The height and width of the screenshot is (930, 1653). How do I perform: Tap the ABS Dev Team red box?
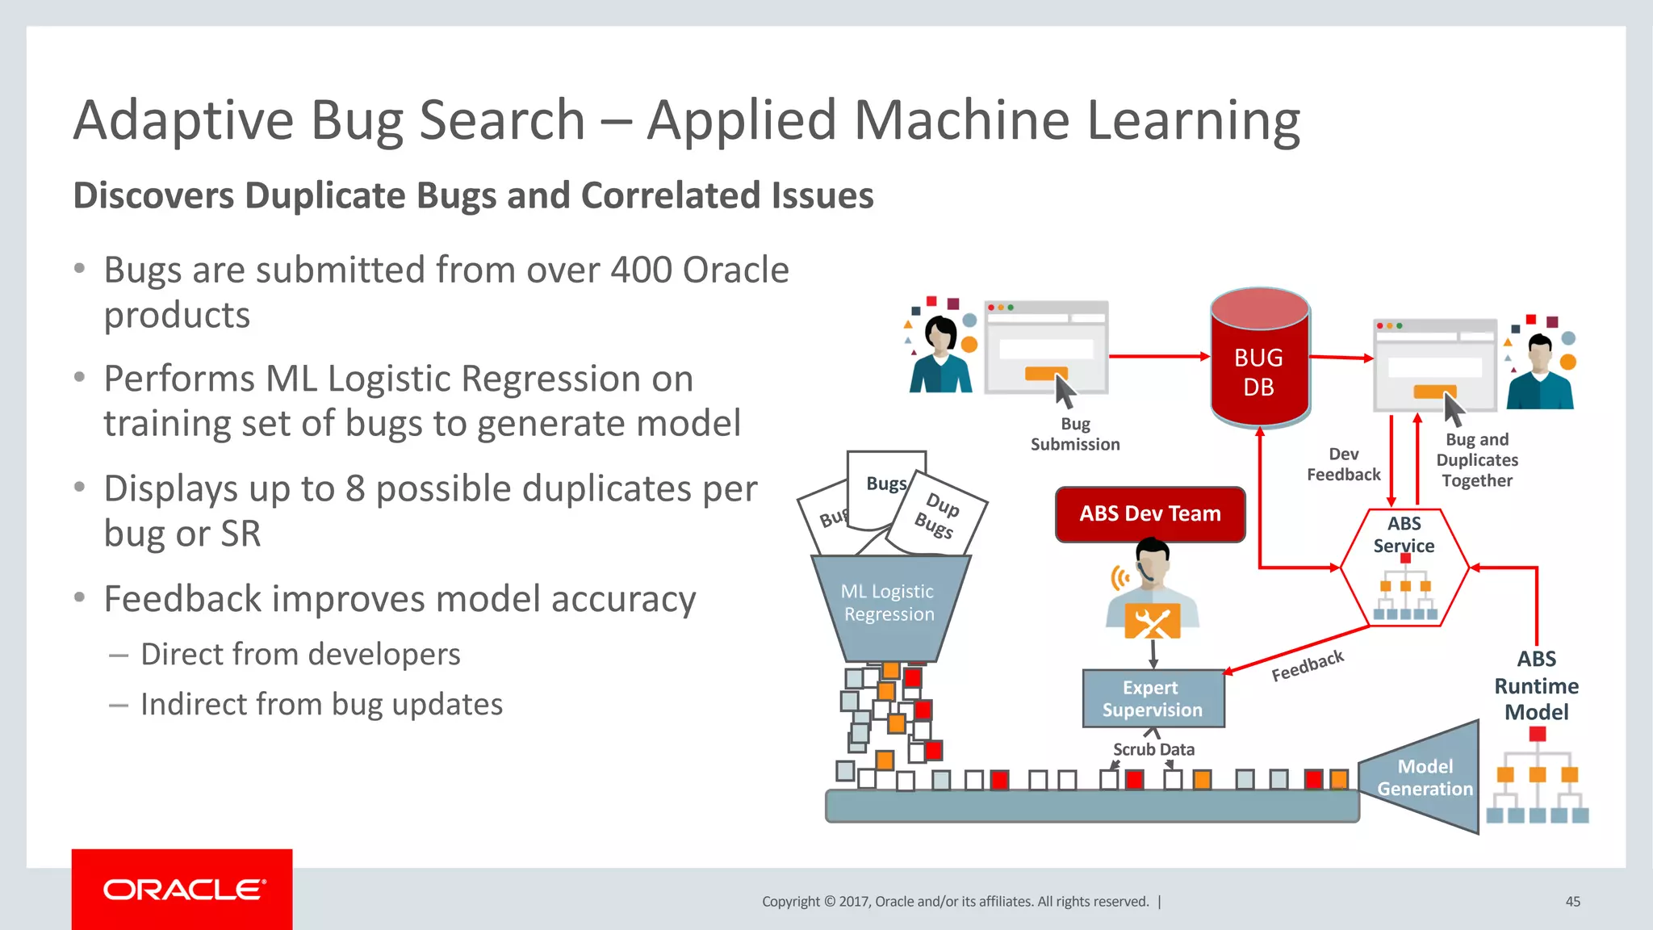coord(1150,514)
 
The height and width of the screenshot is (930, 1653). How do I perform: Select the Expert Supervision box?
coord(1153,699)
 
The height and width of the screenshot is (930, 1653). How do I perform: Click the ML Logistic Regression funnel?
coord(889,605)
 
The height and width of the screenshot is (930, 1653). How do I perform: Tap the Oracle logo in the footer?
coord(182,890)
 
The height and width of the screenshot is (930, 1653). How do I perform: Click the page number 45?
coord(1572,902)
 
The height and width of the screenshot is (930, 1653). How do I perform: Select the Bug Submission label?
coord(1075,434)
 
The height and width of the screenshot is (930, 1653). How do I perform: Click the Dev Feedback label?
coord(1344,465)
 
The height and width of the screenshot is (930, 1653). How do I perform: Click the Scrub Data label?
coord(1153,750)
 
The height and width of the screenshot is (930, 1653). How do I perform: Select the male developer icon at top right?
coord(1540,371)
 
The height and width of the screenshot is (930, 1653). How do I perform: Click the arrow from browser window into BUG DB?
coord(1159,356)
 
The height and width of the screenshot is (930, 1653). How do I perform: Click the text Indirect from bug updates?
coord(321,705)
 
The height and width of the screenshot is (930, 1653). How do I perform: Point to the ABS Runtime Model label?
coord(1536,686)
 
